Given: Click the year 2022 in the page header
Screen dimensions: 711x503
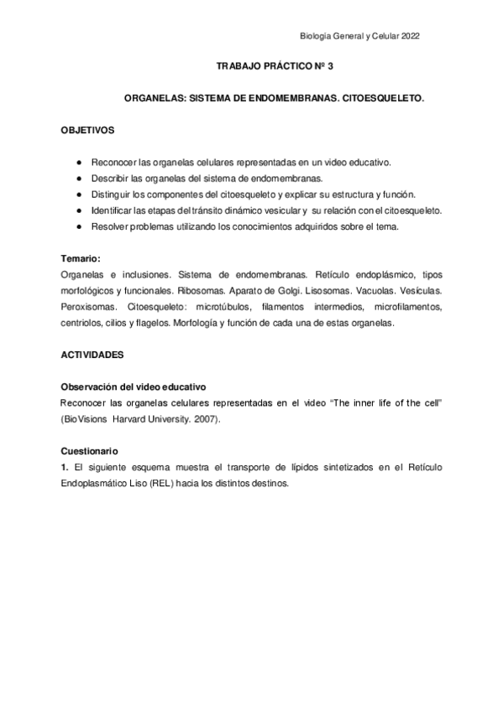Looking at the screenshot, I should click(x=411, y=35).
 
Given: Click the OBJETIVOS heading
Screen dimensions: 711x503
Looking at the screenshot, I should click(x=89, y=132).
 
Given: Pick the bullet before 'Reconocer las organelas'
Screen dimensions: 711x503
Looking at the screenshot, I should click(x=78, y=162).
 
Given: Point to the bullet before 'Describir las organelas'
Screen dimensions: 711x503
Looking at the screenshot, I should click(x=78, y=178).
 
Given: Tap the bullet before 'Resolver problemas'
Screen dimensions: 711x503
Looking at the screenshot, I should click(x=78, y=226).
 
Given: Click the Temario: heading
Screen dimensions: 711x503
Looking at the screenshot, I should click(x=81, y=258).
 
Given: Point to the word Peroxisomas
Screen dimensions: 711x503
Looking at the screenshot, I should click(x=88, y=307).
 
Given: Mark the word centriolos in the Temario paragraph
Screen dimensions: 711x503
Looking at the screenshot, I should click(x=85, y=323).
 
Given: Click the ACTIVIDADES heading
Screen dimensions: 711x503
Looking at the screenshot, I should click(x=92, y=355).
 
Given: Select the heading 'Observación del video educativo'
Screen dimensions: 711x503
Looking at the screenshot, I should click(x=134, y=387).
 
